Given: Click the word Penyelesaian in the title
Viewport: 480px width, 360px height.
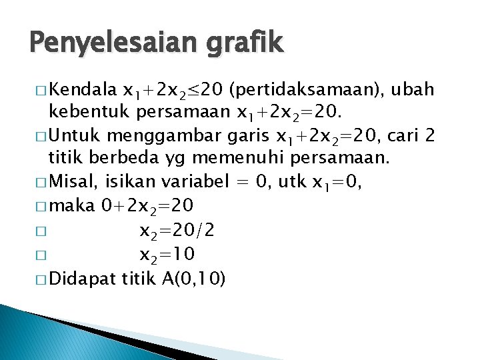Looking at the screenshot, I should click(x=106, y=44).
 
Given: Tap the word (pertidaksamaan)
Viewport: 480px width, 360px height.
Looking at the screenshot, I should click(x=309, y=90).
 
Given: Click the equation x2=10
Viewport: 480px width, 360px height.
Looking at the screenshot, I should click(x=167, y=255).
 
